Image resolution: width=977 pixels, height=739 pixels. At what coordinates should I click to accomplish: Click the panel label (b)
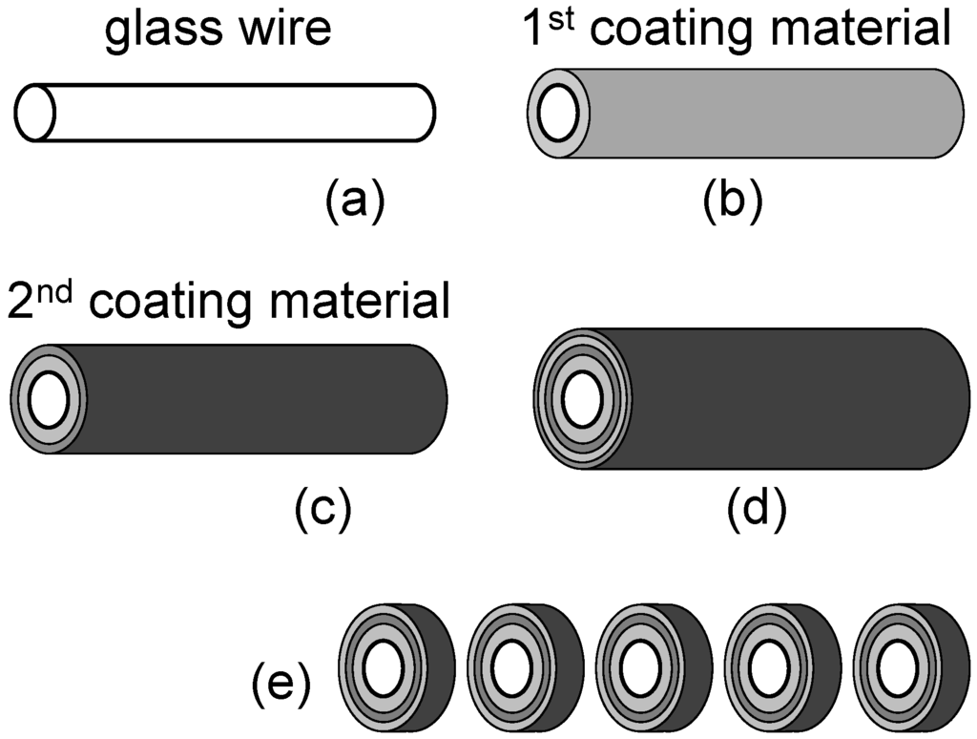tap(733, 201)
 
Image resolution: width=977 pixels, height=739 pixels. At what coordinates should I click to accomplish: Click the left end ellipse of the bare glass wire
tap(34, 113)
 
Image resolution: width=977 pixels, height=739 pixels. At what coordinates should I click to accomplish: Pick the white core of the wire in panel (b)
tap(556, 114)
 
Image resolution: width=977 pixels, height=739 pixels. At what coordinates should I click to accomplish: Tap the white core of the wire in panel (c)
tap(46, 399)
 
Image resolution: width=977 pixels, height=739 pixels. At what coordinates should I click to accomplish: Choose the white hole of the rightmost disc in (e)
tap(895, 670)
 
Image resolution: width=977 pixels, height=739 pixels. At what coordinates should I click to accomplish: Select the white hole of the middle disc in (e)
tap(637, 670)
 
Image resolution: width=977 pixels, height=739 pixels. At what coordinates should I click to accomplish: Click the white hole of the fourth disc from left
tap(766, 670)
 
